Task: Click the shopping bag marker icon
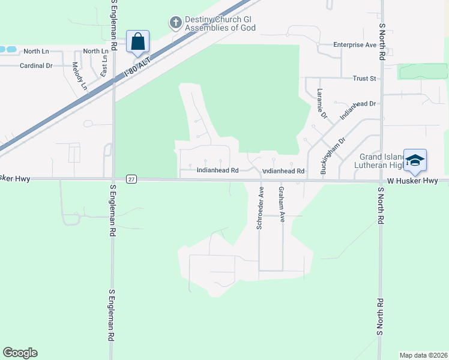click(137, 42)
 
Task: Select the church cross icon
click(175, 23)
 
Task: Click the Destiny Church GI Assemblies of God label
click(221, 23)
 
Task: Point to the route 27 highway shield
click(131, 179)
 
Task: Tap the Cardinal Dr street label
click(36, 65)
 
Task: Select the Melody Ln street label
click(80, 76)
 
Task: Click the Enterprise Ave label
click(355, 45)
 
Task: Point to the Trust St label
click(364, 79)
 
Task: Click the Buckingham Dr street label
click(333, 155)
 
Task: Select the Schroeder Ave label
click(261, 207)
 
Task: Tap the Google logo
click(20, 353)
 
